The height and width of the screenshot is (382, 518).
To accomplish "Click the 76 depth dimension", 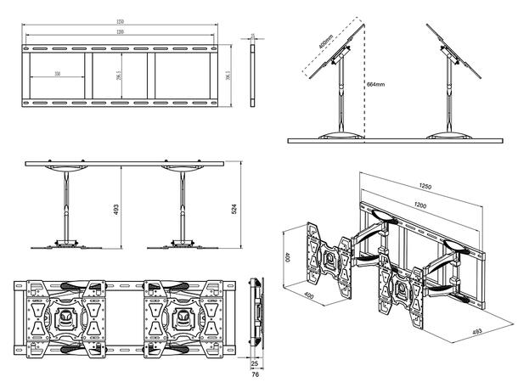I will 256,374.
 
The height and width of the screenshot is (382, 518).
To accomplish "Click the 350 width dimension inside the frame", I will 57,75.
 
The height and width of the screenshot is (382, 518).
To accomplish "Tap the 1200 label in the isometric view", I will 419,205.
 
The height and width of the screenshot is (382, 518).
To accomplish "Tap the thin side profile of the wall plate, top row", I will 254,75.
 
